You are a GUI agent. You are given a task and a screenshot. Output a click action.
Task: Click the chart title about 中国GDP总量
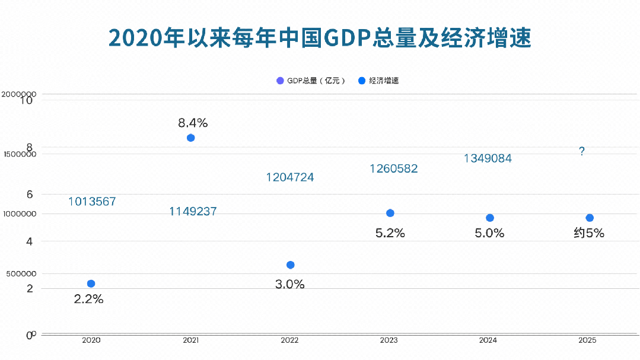pos(320,37)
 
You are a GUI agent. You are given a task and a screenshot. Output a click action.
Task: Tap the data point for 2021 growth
pos(190,138)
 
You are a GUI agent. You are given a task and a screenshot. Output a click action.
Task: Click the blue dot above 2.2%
pos(91,283)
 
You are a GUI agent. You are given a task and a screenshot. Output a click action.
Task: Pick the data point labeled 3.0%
pos(290,265)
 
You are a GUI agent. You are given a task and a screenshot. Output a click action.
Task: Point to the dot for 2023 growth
pos(390,213)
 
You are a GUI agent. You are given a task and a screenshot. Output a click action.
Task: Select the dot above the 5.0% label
pos(489,218)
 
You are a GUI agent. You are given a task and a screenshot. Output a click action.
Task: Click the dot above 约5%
pos(589,218)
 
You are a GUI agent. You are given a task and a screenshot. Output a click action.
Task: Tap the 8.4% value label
pos(193,123)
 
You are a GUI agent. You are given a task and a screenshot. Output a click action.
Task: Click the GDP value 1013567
pos(92,202)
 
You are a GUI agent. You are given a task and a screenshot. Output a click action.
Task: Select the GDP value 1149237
pos(193,211)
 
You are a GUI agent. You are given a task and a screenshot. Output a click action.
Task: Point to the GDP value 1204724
pos(290,177)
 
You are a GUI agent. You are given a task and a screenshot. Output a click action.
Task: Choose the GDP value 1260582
pos(393,169)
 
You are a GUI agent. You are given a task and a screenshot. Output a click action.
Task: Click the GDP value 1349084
pos(488,158)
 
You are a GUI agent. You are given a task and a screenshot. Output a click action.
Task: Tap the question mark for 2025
pos(582,152)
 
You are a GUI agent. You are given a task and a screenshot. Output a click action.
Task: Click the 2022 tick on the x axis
pos(290,341)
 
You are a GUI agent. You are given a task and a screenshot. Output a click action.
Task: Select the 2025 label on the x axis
pos(587,341)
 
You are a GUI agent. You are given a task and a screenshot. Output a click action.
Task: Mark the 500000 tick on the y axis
pos(21,273)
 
